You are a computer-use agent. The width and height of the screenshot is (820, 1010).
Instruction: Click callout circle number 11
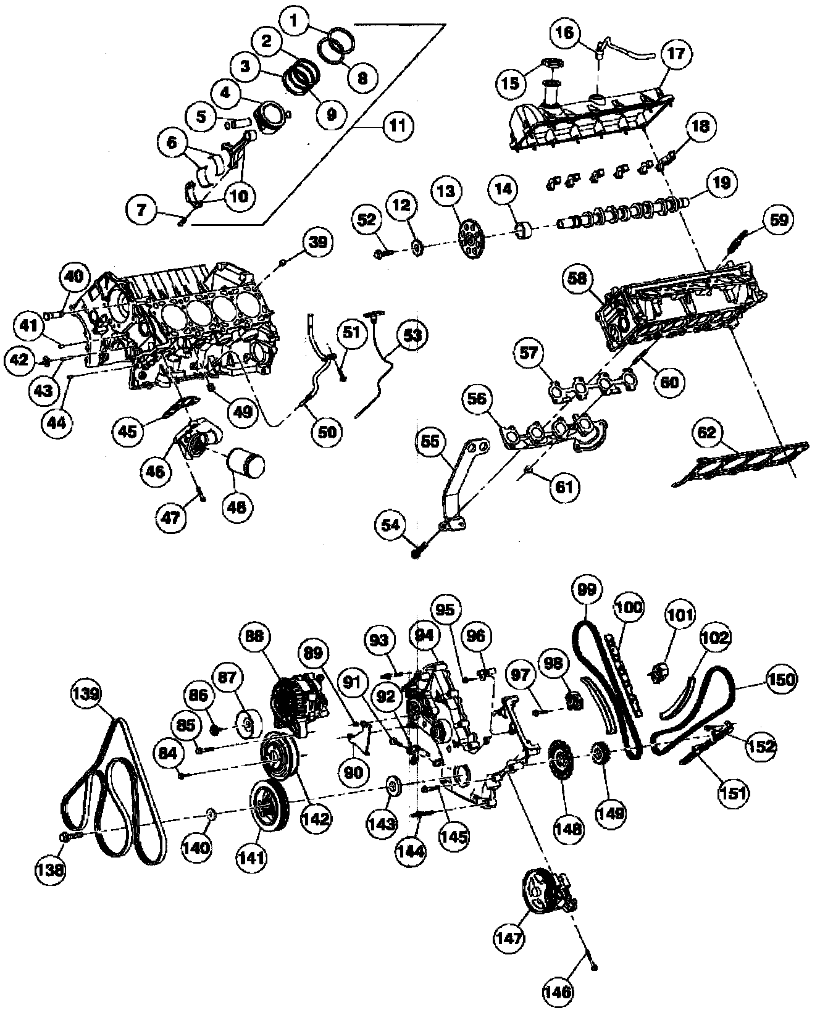tap(396, 125)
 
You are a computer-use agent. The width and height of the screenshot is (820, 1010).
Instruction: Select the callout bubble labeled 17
tap(676, 53)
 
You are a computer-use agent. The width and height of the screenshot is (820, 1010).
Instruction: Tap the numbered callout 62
tap(707, 433)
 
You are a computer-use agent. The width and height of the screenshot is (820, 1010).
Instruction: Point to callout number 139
tap(86, 693)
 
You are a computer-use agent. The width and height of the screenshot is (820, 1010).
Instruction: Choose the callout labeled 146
tap(559, 991)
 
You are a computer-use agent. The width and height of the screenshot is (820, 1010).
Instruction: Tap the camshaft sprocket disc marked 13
tap(472, 236)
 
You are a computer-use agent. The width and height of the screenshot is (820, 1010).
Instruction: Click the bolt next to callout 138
tap(67, 837)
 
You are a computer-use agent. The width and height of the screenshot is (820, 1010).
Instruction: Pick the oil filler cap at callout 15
tap(551, 64)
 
